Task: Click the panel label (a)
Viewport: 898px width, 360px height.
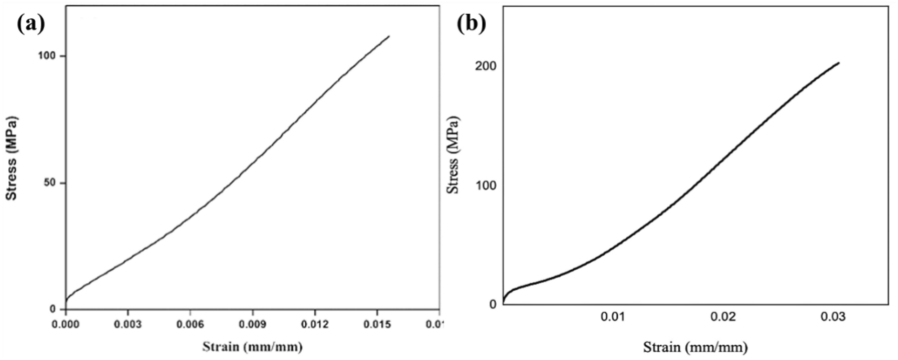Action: point(31,24)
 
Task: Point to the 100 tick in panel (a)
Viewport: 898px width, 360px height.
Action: point(47,56)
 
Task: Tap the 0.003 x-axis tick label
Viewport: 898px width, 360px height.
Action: point(128,324)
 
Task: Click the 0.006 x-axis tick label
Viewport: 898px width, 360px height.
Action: point(190,324)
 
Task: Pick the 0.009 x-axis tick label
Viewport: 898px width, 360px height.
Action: point(252,324)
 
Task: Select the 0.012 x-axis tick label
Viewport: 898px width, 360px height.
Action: point(315,324)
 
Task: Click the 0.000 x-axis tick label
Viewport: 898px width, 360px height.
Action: point(66,324)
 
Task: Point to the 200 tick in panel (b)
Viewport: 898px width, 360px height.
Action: point(486,67)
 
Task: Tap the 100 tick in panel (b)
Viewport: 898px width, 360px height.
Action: point(486,186)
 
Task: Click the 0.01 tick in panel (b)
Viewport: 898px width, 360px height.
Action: point(612,318)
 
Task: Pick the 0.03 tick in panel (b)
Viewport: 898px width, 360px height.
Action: point(833,318)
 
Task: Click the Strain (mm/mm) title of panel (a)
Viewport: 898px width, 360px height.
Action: point(252,346)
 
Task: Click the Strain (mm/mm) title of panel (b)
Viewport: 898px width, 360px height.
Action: point(695,347)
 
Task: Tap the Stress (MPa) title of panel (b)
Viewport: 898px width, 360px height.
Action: point(453,155)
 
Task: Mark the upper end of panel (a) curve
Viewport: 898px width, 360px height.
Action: point(389,36)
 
